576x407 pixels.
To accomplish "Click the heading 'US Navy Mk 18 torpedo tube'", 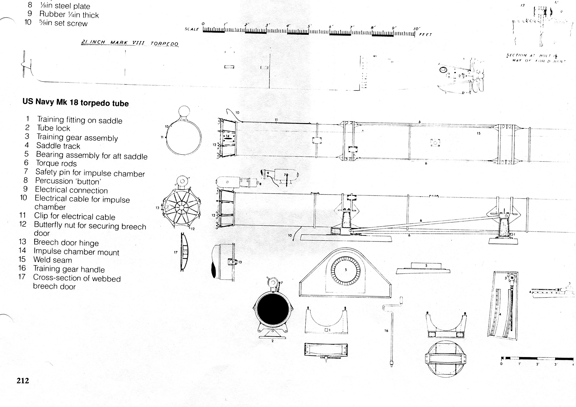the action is [76, 102].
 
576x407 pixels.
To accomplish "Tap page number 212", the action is [23, 381].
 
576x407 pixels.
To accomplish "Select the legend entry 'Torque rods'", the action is [56, 163].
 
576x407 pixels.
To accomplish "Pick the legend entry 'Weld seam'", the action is [53, 260].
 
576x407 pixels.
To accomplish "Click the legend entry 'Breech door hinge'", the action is [66, 242].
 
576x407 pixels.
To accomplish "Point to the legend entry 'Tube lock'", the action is [53, 128].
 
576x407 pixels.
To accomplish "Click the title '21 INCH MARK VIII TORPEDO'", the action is [129, 43].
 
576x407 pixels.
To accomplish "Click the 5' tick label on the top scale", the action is [310, 26].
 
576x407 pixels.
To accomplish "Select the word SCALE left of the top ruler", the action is [192, 29].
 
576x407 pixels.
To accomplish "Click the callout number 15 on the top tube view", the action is [479, 133].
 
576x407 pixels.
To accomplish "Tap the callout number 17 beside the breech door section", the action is [176, 252].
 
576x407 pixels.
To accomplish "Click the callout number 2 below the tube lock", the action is [273, 341].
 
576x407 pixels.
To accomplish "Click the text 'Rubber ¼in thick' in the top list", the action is [69, 15].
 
